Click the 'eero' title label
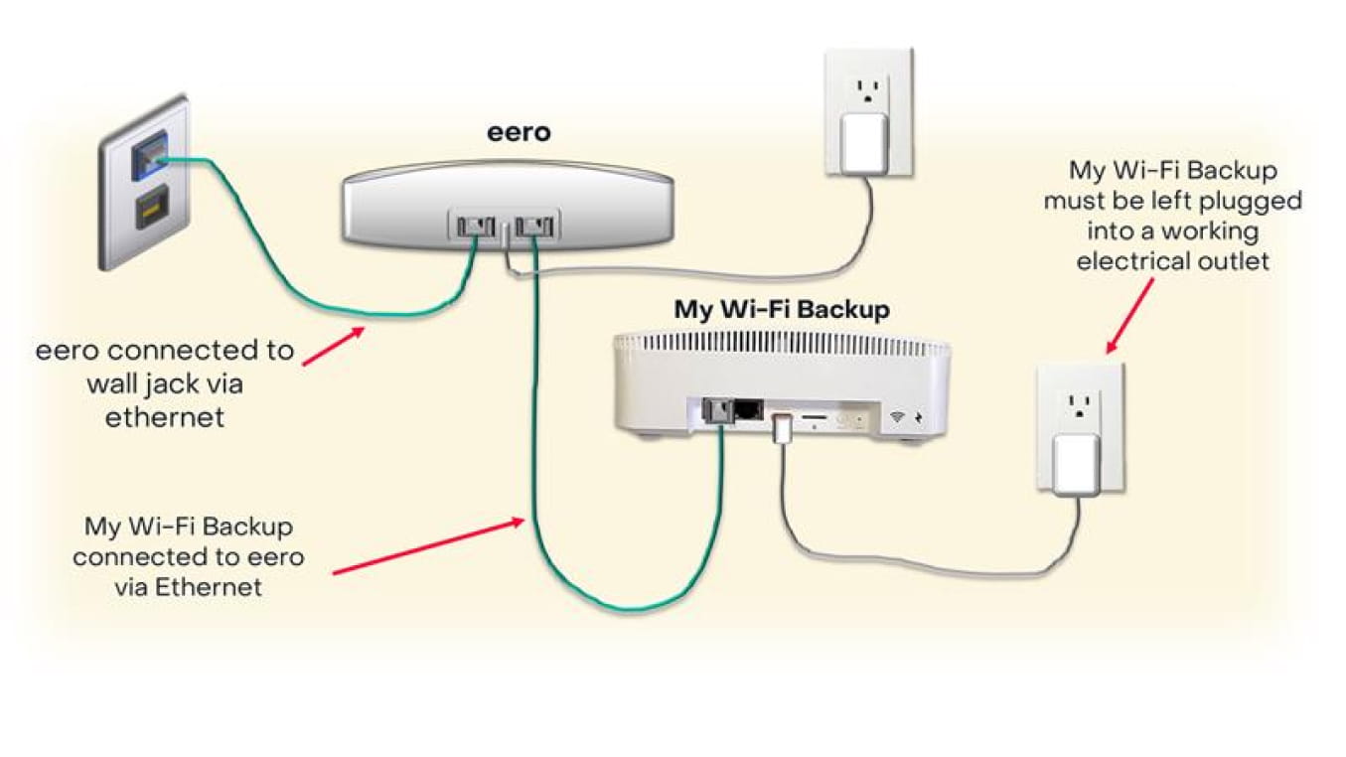[x=518, y=132]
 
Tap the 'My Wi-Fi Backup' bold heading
[x=782, y=309]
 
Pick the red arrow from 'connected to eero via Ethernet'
[x=427, y=545]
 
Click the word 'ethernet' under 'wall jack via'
[x=165, y=417]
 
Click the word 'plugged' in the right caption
[x=1245, y=201]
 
